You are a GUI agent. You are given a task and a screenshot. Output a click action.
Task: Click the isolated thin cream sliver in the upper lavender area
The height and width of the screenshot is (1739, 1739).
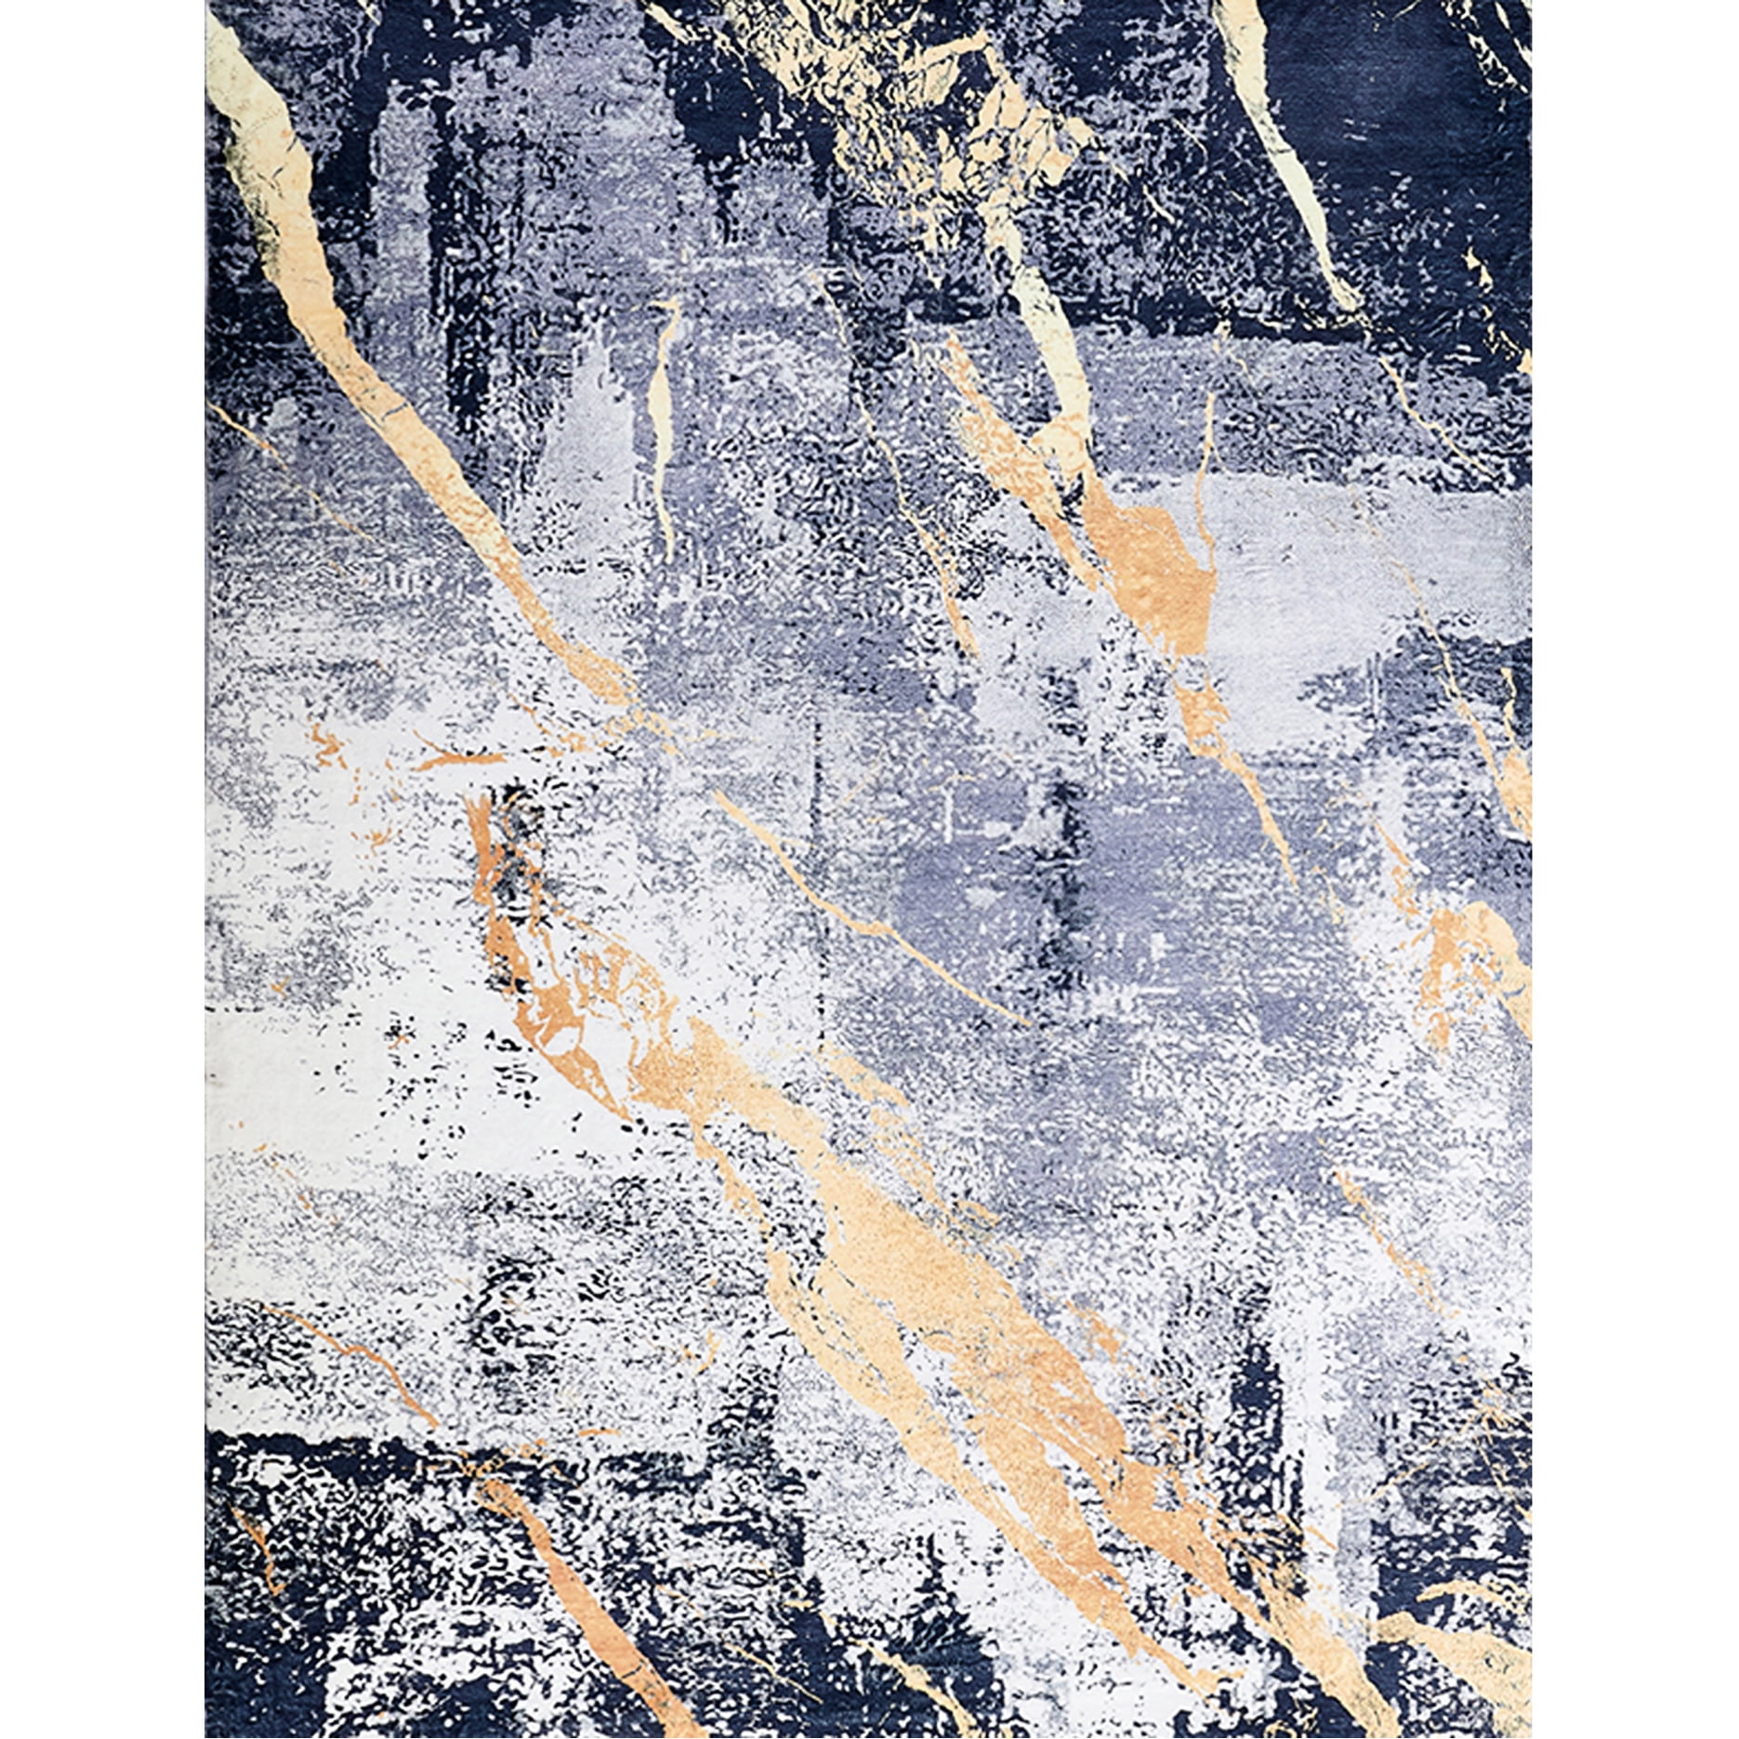[661, 390]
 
